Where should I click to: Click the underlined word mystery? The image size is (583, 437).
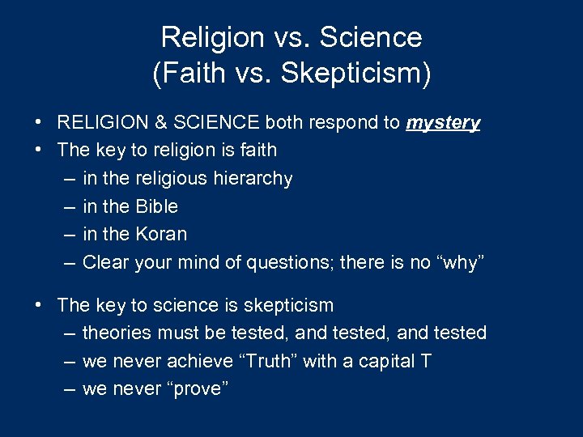coord(443,122)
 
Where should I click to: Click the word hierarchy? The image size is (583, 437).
coord(253,178)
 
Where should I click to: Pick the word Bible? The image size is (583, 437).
coord(154,206)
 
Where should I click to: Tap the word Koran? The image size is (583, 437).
coord(160,234)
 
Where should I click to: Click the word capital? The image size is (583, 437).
coord(385,361)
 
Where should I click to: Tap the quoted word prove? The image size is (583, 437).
coord(195,388)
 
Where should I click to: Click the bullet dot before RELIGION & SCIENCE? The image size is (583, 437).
coord(39,123)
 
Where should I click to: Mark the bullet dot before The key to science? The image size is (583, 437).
coord(39,306)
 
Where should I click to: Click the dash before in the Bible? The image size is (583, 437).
coord(67,206)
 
